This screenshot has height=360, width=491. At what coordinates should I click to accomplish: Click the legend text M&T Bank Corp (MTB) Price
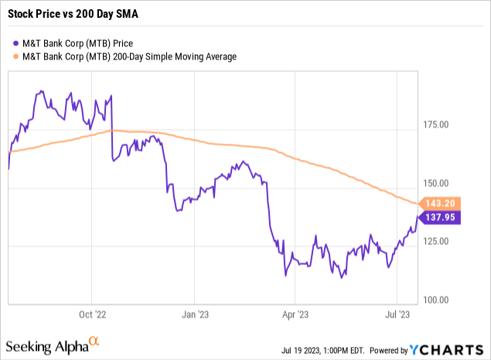77,43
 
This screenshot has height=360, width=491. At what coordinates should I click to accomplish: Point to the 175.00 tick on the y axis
440,125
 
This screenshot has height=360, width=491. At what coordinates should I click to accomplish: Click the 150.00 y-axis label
440,183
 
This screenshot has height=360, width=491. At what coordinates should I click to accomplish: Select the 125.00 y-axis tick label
440,242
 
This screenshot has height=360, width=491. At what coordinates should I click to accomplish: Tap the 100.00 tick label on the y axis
440,300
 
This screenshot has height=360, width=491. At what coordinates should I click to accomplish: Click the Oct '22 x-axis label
93,315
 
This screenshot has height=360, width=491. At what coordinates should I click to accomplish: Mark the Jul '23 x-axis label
396,315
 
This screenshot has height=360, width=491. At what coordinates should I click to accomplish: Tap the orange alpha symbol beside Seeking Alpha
94,340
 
